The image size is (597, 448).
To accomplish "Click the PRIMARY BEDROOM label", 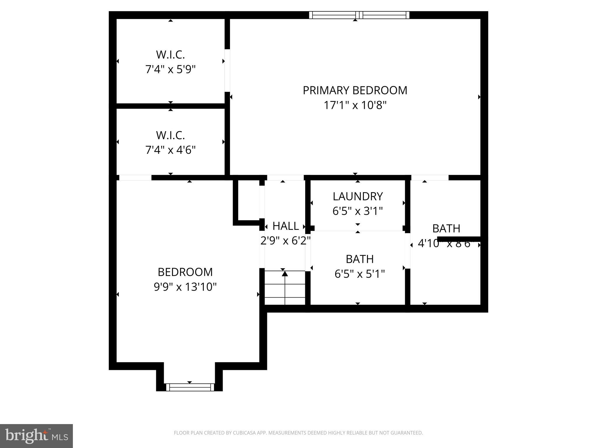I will point(355,90).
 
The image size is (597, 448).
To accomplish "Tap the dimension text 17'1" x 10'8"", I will point(355,105).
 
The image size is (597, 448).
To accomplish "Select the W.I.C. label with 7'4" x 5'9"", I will point(171,55).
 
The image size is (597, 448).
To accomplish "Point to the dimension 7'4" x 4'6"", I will point(171,150).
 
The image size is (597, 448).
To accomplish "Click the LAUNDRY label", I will point(358,197).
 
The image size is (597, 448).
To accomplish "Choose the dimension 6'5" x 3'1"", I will point(358,211).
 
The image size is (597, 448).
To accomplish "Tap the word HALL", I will point(285,226).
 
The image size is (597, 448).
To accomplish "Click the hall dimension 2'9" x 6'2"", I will point(285,241).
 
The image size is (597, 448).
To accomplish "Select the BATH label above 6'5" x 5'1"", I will point(360,259).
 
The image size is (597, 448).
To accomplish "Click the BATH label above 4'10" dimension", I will point(446,228).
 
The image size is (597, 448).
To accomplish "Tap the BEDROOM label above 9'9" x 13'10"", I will point(185,272).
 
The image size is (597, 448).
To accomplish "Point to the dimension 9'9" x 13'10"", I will point(185,287).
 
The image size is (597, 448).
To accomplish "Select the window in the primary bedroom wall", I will point(359,15).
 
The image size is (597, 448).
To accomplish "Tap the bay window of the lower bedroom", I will point(190,387).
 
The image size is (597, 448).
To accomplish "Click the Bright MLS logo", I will point(36,436).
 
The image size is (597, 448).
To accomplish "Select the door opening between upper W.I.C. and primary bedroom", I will point(227,70).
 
